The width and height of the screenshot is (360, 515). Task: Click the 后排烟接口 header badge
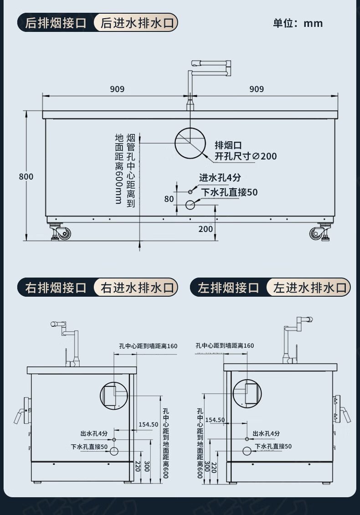click(56, 22)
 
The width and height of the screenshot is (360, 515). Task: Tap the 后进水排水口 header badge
click(137, 22)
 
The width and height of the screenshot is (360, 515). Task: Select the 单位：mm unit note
click(298, 23)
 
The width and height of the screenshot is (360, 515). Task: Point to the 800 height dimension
click(26, 176)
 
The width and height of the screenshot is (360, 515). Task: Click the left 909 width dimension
click(117, 89)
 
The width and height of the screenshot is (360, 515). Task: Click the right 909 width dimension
click(257, 89)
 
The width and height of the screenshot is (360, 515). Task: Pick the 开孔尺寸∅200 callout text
click(246, 156)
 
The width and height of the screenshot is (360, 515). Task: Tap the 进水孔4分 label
click(220, 178)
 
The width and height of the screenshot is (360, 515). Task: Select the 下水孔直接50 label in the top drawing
click(230, 192)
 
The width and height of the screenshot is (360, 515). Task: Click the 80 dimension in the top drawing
click(169, 199)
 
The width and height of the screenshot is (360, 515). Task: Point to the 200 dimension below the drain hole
click(206, 229)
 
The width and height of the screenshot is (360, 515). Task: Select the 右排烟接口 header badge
click(56, 288)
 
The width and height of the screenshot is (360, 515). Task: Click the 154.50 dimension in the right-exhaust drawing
click(148, 424)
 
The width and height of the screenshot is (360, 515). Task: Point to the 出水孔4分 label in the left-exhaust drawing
click(267, 433)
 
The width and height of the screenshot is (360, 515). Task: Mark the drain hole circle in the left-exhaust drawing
click(247, 451)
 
